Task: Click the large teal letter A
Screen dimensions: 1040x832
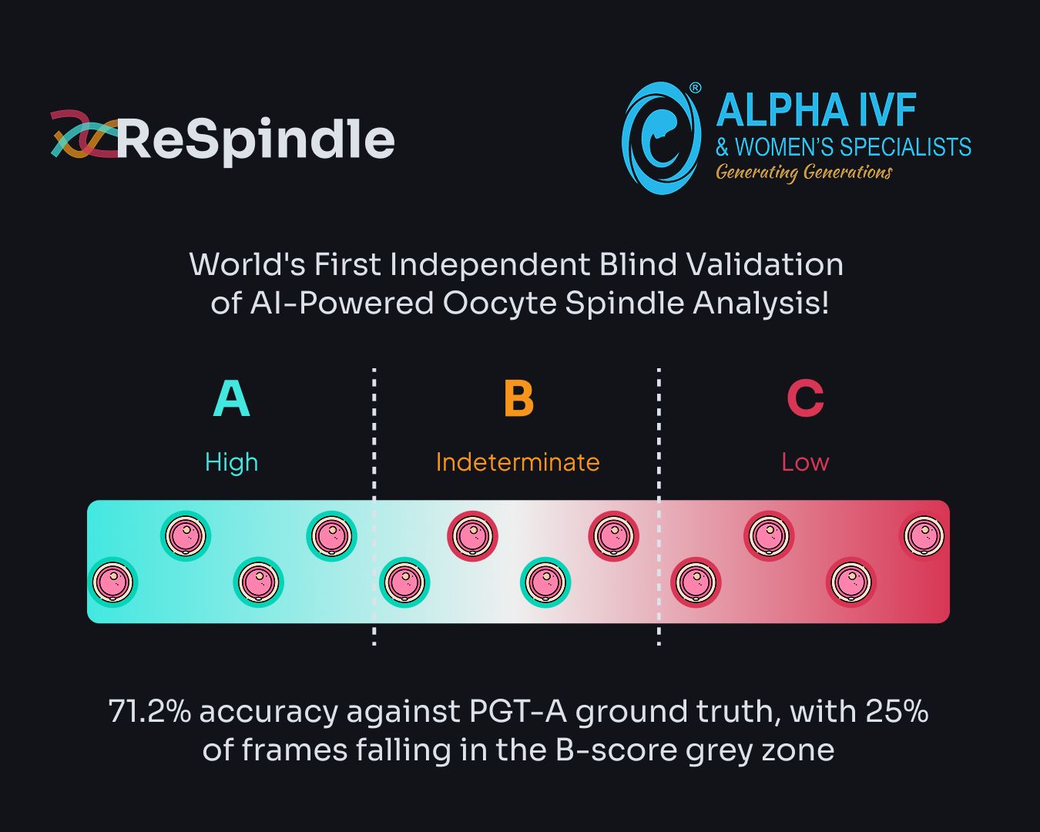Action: pyautogui.click(x=231, y=398)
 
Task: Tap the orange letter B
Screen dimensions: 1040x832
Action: pyautogui.click(x=518, y=398)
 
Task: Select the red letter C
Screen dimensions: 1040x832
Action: pyautogui.click(x=805, y=398)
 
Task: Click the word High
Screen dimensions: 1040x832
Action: pyautogui.click(x=231, y=462)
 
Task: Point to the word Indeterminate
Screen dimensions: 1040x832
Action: pyautogui.click(x=518, y=461)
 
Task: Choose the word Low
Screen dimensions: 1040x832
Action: pyautogui.click(x=805, y=462)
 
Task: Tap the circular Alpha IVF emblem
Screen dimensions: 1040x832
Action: pyautogui.click(x=661, y=138)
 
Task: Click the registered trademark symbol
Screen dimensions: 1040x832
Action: pyautogui.click(x=694, y=88)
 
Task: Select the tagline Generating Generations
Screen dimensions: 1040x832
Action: pyautogui.click(x=803, y=172)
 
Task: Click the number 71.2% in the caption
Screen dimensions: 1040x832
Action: pyautogui.click(x=149, y=711)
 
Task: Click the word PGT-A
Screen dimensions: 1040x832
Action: pyautogui.click(x=518, y=711)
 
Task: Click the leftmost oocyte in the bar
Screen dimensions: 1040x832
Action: pyautogui.click(x=112, y=582)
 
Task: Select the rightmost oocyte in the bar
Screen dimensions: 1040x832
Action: pyautogui.click(x=924, y=535)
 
